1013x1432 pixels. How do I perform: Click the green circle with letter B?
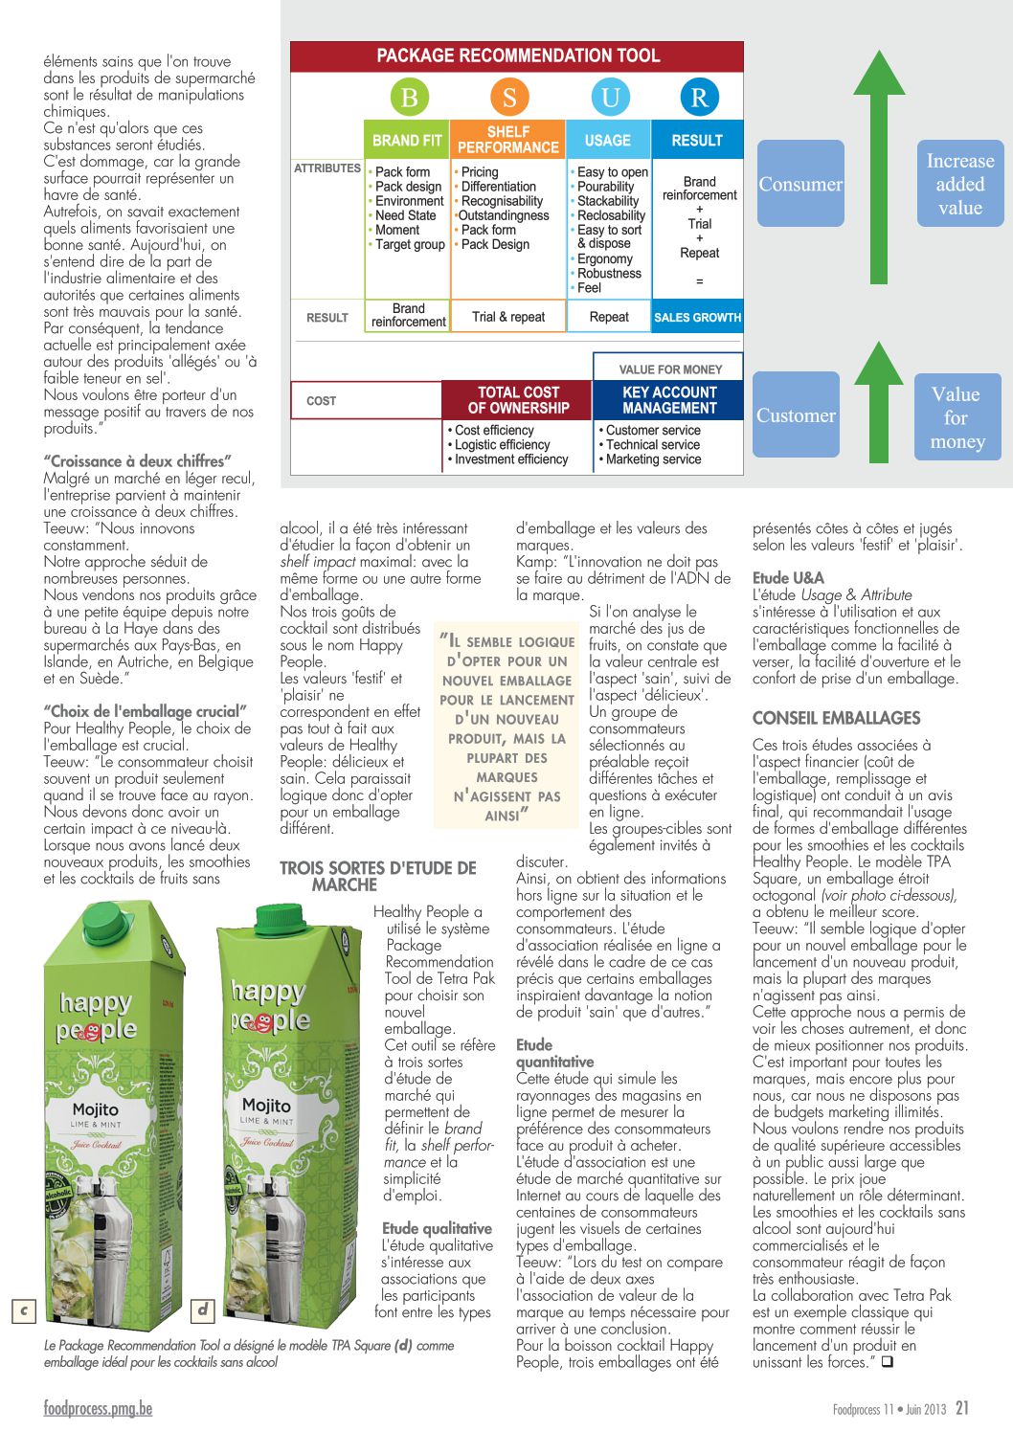pos(409,98)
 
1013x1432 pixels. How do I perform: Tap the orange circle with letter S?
pos(509,98)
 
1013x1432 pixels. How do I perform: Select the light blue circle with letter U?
pos(610,98)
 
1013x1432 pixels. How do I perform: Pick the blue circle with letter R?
pos(699,98)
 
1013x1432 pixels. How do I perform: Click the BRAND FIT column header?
pos(407,141)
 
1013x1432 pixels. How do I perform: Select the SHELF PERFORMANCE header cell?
pos(508,140)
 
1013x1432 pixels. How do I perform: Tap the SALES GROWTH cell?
pos(697,318)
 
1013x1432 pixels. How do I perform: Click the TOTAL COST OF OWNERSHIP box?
pos(518,400)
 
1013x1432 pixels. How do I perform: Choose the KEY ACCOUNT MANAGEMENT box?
pos(669,400)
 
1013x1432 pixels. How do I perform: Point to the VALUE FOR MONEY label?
pos(670,369)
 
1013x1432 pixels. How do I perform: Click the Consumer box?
pos(800,184)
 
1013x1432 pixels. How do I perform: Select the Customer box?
pos(797,415)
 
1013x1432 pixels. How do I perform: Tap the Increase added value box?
pos(959,184)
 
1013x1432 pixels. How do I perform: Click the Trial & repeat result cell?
pos(508,317)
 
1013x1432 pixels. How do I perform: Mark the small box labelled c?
pos(23,1309)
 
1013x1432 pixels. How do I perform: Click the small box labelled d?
pos(202,1309)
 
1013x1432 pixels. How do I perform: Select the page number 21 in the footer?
pos(962,1407)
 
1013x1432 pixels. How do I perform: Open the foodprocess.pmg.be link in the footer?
pos(98,1408)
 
